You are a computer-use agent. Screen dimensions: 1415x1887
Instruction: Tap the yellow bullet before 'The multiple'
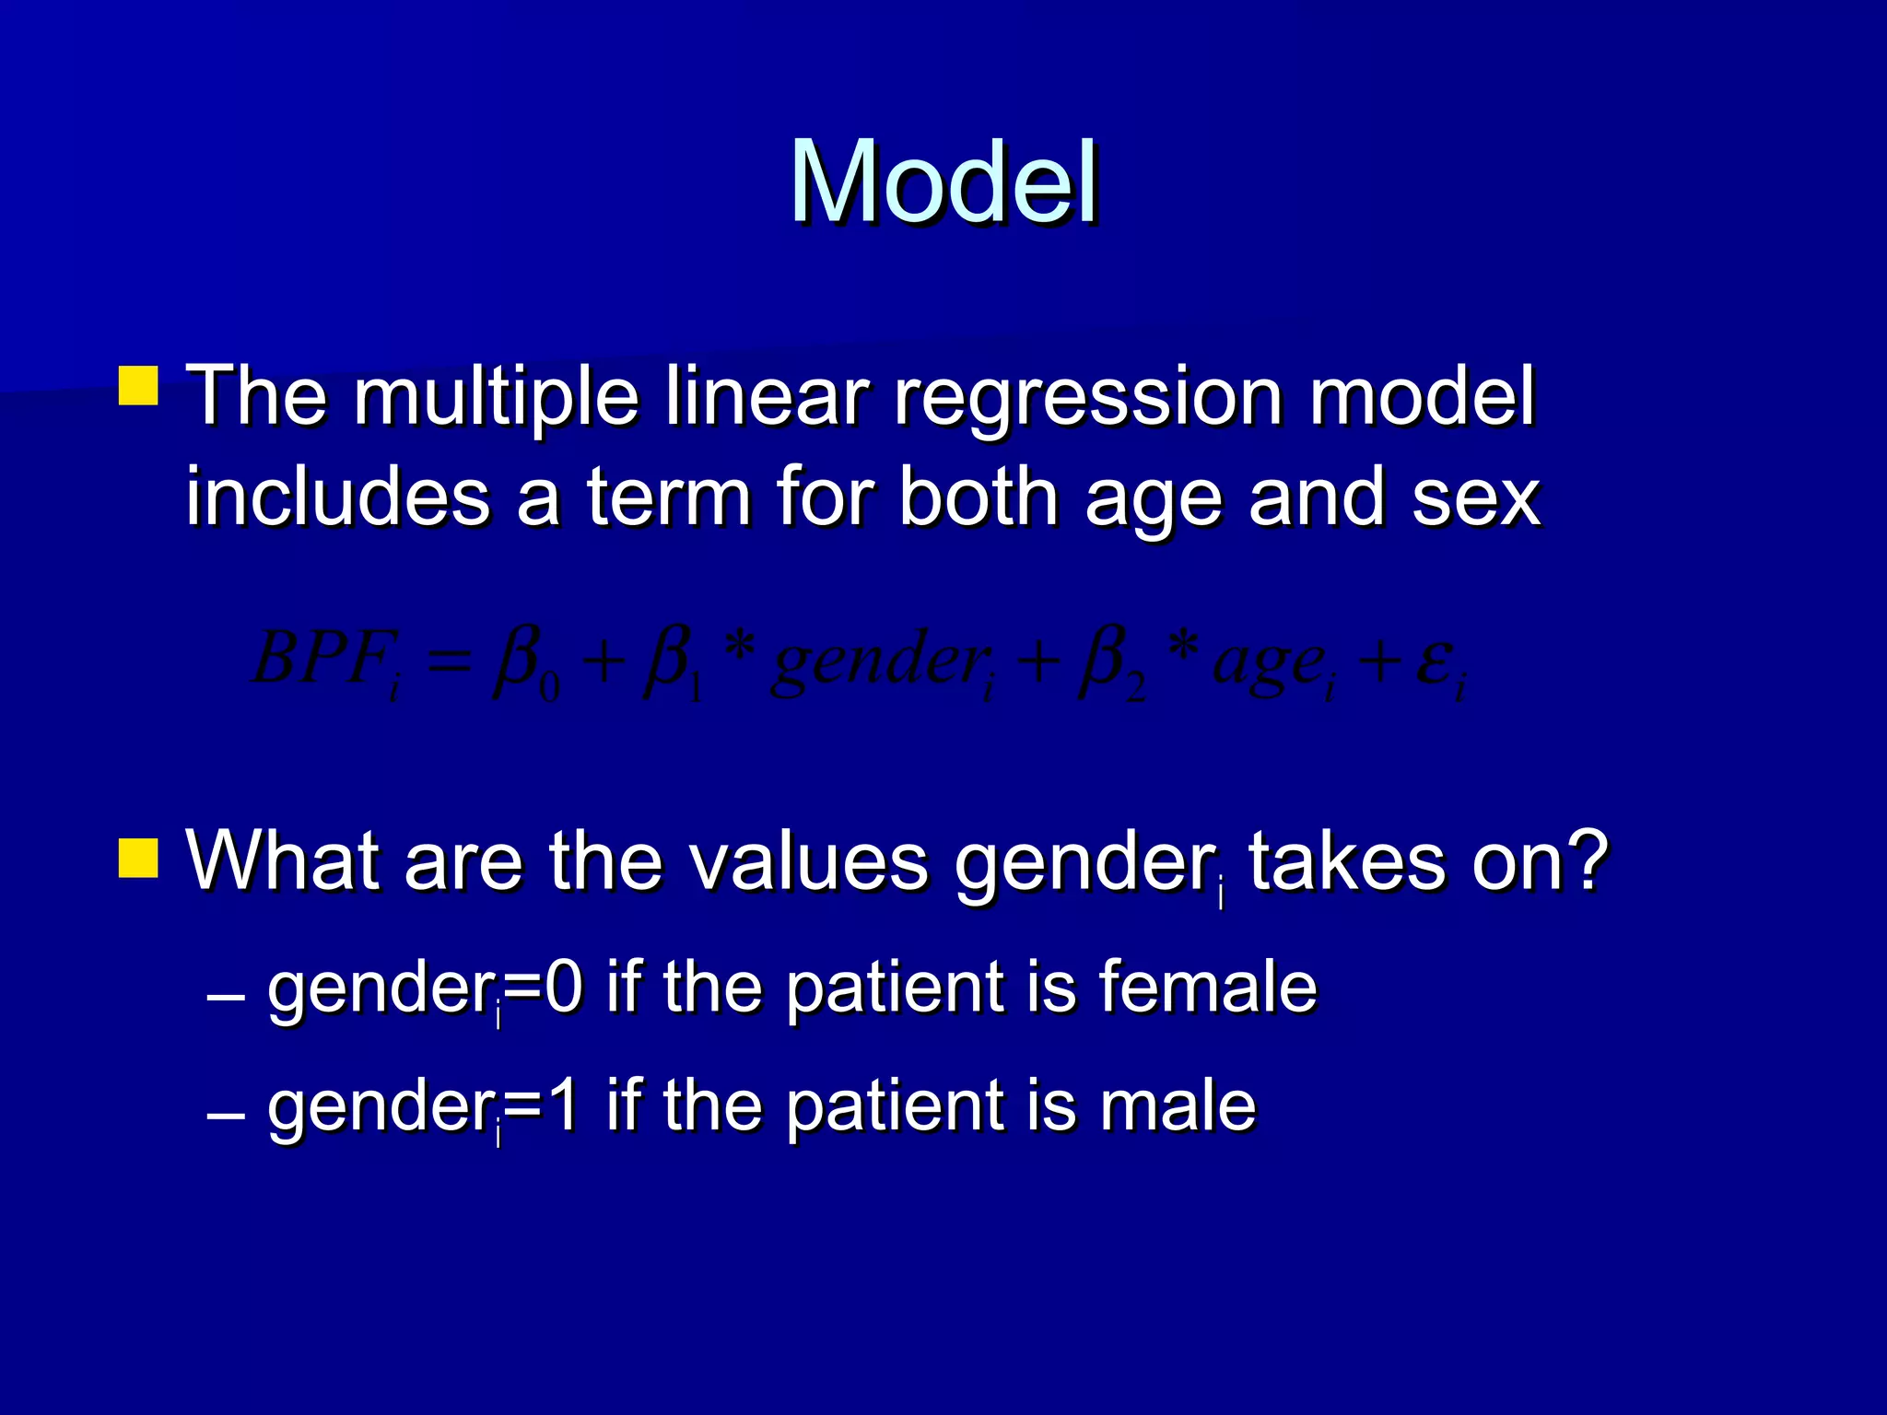point(139,386)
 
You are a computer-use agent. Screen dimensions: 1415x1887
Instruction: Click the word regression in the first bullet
point(1088,398)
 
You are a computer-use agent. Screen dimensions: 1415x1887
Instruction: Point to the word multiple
point(497,398)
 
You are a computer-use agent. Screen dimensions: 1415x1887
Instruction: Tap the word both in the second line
point(979,497)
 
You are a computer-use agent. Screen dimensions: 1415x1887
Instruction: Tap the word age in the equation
point(1268,663)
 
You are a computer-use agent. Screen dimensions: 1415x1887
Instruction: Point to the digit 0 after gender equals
point(564,987)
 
